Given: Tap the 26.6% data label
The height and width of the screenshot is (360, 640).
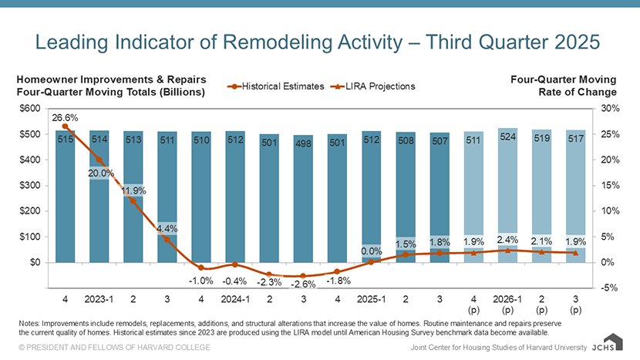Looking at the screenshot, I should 66,118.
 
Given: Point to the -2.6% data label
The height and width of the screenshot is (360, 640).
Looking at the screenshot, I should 303,284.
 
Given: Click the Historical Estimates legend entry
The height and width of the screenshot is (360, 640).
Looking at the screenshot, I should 277,86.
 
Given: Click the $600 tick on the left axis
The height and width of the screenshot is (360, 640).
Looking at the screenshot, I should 32,109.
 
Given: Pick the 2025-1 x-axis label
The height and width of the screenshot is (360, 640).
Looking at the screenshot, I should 372,298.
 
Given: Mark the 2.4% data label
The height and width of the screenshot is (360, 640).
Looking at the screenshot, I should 507,239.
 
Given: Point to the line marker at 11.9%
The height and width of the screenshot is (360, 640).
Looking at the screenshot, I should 133,201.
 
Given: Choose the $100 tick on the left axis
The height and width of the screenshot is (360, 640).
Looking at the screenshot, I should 32,237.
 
